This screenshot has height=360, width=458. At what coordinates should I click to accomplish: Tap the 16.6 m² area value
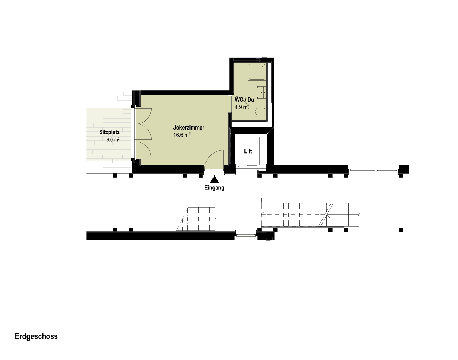(182, 135)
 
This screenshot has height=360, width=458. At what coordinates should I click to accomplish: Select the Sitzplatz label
(109, 132)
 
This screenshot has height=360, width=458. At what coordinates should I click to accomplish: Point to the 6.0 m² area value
(113, 139)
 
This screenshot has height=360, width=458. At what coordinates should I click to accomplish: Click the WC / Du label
(244, 100)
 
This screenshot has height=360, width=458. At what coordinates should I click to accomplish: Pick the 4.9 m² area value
(242, 107)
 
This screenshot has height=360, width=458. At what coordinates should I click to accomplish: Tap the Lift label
(248, 151)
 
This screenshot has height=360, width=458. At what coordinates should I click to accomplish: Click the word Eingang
(214, 188)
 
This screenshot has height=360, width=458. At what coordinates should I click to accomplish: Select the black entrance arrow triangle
(214, 179)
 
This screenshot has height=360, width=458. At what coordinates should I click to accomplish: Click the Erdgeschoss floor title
(36, 336)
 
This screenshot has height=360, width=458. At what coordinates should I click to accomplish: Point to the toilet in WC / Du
(260, 111)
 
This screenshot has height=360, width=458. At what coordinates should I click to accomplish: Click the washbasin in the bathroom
(261, 92)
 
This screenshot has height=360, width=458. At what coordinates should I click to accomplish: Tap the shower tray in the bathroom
(257, 72)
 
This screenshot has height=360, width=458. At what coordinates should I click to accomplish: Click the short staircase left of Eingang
(196, 219)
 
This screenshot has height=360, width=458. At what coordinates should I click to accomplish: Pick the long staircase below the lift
(311, 214)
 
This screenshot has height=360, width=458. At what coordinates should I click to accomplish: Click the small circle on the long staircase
(359, 215)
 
